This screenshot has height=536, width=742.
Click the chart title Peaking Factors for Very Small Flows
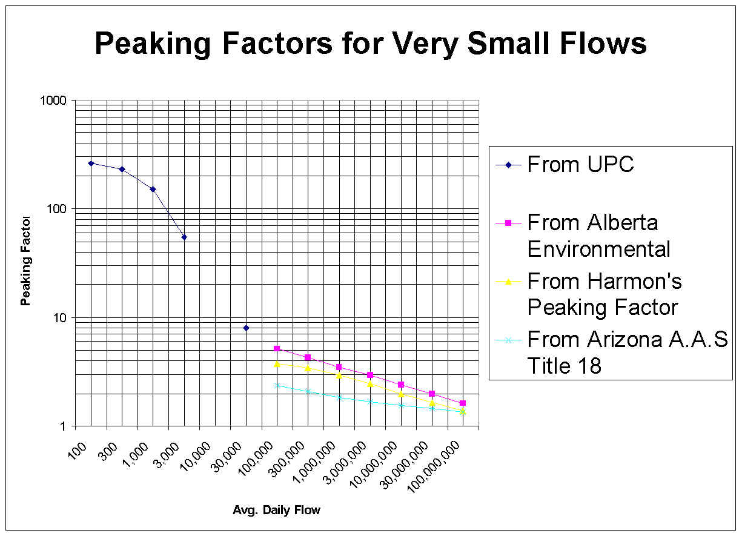[x=371, y=44]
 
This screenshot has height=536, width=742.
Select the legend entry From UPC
[x=580, y=164]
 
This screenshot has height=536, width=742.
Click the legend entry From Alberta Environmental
[x=598, y=236]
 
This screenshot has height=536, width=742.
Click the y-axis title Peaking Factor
[x=26, y=260]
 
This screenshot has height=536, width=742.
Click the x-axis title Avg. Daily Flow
[x=276, y=510]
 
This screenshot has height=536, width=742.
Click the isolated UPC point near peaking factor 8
[x=246, y=328]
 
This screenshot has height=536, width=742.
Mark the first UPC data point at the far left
[x=91, y=163]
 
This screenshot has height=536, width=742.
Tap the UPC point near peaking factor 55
[x=184, y=237]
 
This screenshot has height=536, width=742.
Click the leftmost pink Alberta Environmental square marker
[x=277, y=348]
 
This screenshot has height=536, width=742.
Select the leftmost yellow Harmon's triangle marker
[x=277, y=363]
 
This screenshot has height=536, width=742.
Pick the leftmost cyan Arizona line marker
[x=277, y=385]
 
